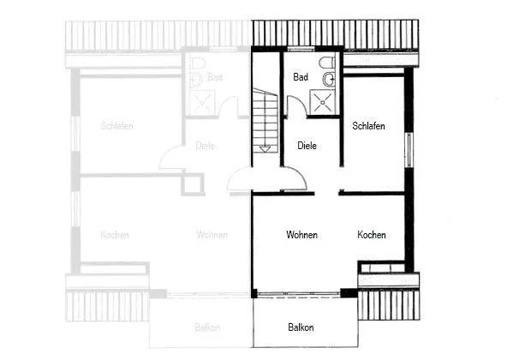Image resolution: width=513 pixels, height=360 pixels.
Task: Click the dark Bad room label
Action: (x=301, y=77)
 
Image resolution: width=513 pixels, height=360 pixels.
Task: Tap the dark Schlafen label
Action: (x=368, y=126)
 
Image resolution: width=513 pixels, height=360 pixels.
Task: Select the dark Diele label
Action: (x=307, y=146)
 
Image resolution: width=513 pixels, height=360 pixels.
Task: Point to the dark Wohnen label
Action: (x=301, y=235)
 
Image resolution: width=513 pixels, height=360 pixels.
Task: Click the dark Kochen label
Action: (x=372, y=235)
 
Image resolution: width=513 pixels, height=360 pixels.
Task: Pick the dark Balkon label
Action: (x=301, y=327)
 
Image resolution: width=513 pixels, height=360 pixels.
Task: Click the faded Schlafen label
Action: (x=116, y=126)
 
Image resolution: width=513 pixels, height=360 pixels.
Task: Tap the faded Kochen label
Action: (x=115, y=235)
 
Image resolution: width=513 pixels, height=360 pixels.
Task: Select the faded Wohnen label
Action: (x=212, y=235)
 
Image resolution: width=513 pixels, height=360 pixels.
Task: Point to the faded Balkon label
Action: (x=207, y=327)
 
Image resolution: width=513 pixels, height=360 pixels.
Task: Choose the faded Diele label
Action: (x=206, y=146)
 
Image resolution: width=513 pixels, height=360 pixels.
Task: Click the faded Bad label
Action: (x=215, y=77)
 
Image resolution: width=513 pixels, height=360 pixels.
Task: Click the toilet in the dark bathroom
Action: (x=327, y=63)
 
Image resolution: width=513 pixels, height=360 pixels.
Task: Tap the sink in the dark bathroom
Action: (x=329, y=79)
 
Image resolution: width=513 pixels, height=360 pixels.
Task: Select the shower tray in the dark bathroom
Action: (x=322, y=102)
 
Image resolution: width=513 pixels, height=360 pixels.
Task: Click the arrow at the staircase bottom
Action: (x=265, y=149)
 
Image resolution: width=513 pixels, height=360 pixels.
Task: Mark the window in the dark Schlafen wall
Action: (x=409, y=150)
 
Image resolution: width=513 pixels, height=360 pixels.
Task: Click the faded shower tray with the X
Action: (x=202, y=103)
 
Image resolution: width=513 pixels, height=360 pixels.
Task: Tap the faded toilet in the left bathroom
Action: (x=197, y=63)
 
